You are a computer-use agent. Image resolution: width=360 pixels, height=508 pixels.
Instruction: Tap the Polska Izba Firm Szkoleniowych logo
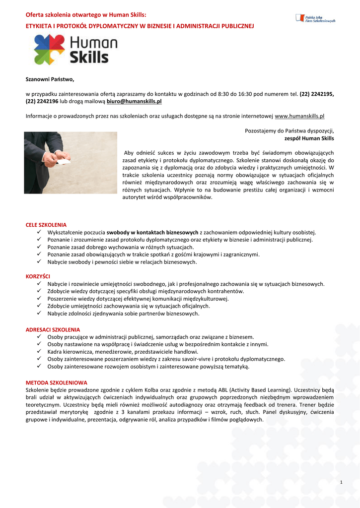(315, 18)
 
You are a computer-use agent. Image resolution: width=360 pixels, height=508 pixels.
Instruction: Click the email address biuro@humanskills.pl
(134, 101)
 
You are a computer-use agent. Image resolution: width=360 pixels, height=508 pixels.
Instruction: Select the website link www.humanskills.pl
(299, 116)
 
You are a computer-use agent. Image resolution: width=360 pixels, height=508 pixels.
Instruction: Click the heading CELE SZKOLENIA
(46, 225)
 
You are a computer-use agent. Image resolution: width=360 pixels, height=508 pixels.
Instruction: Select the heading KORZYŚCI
(38, 276)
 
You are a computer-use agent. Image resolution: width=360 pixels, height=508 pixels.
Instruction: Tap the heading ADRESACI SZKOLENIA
(53, 329)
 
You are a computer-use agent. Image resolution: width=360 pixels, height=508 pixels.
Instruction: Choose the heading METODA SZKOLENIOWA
(56, 382)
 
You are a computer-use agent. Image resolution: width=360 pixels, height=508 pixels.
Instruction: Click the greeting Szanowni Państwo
(50, 79)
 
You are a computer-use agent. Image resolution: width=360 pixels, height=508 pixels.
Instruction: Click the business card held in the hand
(63, 162)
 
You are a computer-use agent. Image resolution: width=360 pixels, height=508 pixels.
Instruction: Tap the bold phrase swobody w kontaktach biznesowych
(152, 232)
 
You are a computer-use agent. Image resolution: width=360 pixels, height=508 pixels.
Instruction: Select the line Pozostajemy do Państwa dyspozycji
(289, 130)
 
